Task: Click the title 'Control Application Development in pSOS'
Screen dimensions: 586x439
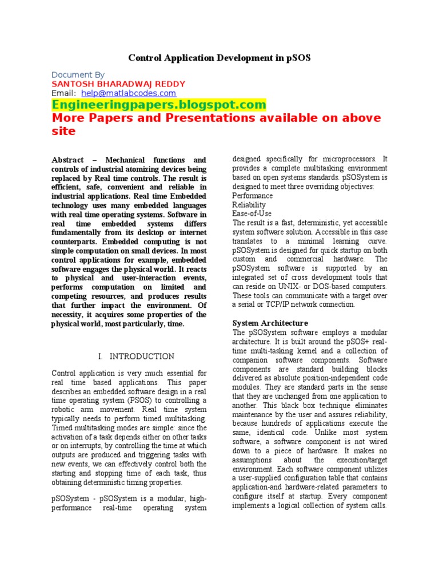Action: [219, 58]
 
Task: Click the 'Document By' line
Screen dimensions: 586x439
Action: [78, 74]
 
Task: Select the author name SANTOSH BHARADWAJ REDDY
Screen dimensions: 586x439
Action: [118, 84]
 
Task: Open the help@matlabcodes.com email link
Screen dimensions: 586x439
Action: [129, 93]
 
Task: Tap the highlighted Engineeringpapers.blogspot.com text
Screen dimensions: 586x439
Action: [159, 105]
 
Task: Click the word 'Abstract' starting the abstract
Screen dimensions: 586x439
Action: [67, 160]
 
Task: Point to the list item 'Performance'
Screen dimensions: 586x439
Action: [252, 195]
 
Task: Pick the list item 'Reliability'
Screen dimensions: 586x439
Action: [249, 204]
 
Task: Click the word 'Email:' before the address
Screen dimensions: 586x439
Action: [63, 93]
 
